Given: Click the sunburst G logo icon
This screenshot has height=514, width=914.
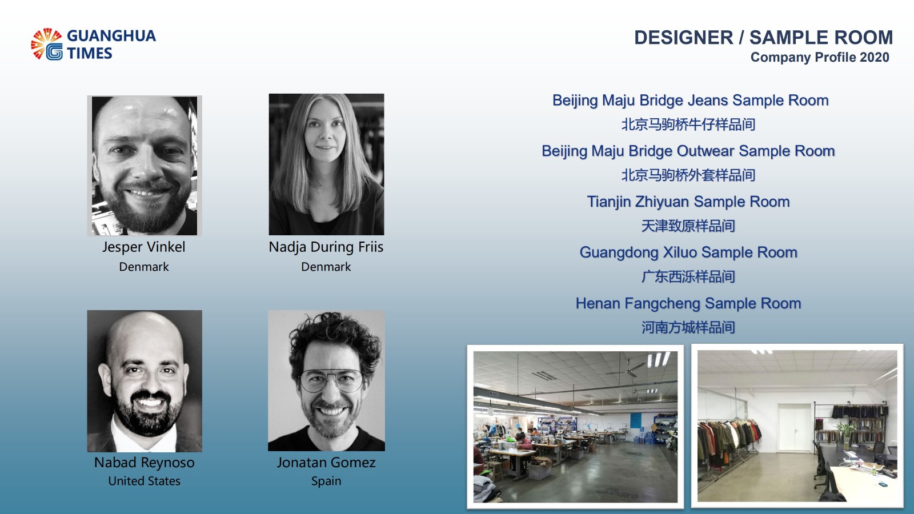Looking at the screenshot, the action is pos(47,44).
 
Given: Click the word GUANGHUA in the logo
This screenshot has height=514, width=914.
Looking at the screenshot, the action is pos(111,36).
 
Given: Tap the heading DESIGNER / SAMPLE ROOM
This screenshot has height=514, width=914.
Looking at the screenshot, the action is pos(763,38).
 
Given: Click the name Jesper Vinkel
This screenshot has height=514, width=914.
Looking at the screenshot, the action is pos(143,247).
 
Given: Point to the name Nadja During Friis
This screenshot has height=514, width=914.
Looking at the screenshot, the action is pos(326,247).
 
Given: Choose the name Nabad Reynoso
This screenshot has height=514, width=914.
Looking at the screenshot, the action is pos(145,463).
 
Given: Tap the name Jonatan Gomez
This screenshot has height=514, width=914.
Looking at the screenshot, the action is pos(326,462).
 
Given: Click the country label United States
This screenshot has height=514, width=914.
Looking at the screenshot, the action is pos(145,481).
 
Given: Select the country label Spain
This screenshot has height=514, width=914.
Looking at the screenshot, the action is pos(326,481).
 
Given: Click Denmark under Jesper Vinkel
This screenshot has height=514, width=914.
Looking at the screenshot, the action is pos(143,267).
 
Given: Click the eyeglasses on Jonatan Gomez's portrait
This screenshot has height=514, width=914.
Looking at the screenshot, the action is pos(331,380).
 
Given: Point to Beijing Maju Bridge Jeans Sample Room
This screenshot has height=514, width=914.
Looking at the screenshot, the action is pos(691,101).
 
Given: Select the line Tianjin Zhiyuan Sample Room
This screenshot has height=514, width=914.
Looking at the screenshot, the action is pos(688,202).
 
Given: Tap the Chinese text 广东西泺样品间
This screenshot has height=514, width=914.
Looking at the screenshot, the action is pos(688,276).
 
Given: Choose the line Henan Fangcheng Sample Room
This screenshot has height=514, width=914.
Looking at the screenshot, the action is pos(688,303).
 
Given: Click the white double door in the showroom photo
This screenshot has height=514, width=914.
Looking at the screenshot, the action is pos(795,428).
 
